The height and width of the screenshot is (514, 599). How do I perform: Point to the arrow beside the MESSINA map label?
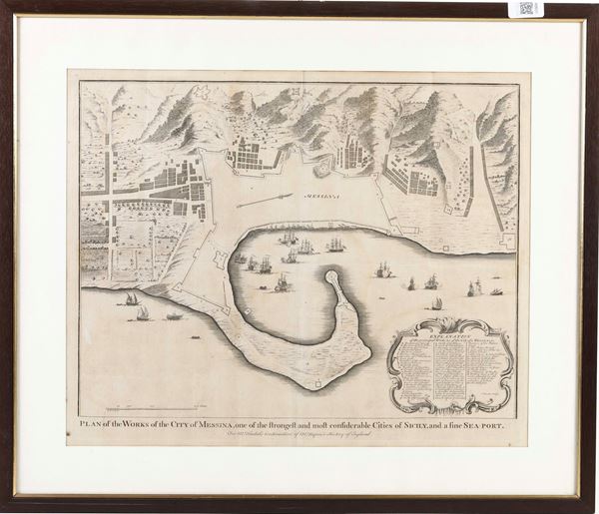tap(267, 200)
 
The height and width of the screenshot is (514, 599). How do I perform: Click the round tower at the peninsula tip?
tap(330, 275)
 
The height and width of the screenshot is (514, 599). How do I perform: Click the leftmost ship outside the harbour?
tap(129, 298)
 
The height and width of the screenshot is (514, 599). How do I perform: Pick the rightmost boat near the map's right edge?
tap(496, 291)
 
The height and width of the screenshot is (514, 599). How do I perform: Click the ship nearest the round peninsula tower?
tap(283, 284)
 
